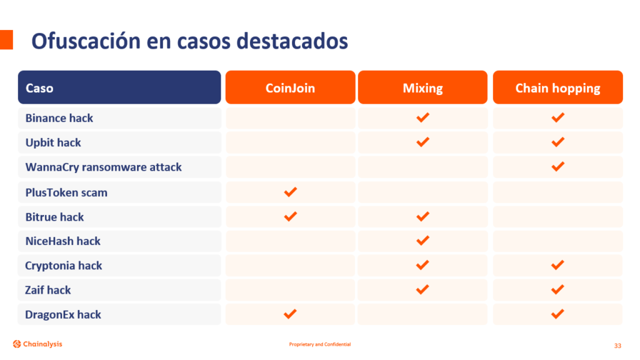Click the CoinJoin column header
click(290, 87)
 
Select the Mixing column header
click(423, 87)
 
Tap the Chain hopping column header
click(557, 87)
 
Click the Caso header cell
click(119, 87)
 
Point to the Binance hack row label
click(59, 118)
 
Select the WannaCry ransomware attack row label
click(103, 167)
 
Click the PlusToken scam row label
click(66, 192)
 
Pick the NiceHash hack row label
click(63, 241)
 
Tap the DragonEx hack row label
click(63, 315)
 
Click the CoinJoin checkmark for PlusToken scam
click(290, 192)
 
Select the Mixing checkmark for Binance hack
click(423, 117)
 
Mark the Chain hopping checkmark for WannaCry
click(557, 166)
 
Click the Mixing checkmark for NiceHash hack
click(423, 241)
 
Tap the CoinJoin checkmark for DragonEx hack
click(290, 314)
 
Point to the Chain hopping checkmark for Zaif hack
click(557, 289)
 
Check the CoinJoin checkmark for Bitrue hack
click(290, 216)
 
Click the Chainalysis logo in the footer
click(37, 344)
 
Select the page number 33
click(617, 346)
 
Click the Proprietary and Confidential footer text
click(320, 344)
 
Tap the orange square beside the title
click(6, 39)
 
